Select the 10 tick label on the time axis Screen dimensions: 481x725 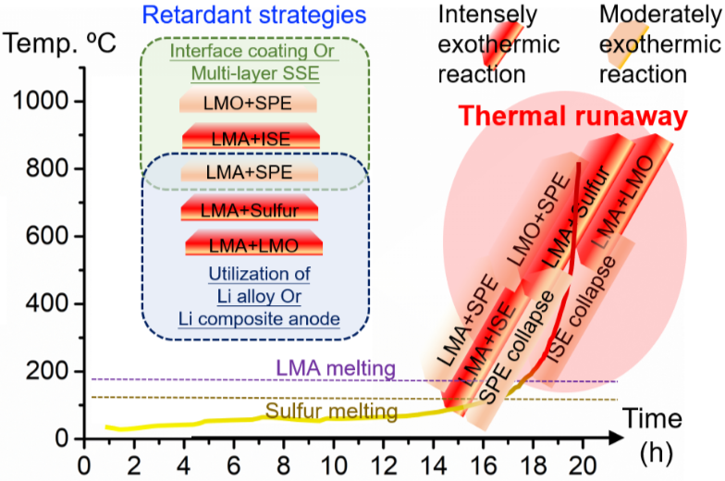coord(334,461)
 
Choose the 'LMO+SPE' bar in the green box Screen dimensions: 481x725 coord(249,102)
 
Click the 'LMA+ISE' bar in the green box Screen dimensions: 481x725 coord(251,138)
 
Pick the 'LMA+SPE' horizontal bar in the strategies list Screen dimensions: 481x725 coord(249,173)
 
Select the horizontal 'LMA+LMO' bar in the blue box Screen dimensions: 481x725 coord(253,245)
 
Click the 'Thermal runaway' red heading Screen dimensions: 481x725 coord(573,117)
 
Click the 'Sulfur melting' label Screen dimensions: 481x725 coord(332,412)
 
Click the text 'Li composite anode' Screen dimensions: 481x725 coord(258,320)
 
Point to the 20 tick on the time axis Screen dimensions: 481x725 coord(583,461)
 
